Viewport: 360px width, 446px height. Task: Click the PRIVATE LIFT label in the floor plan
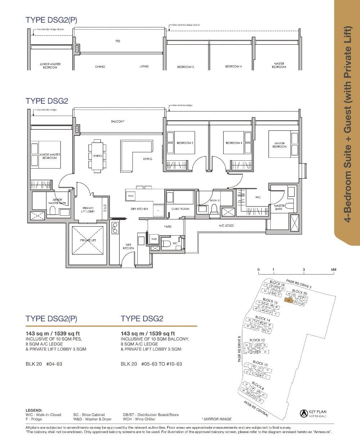(x=88, y=240)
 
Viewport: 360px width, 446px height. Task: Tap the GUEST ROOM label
(x=180, y=209)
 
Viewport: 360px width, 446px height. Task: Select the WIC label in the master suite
(x=258, y=197)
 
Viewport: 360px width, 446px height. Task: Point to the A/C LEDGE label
(x=226, y=226)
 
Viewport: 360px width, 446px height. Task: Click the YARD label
(x=167, y=227)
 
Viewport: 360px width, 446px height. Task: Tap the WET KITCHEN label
(x=128, y=247)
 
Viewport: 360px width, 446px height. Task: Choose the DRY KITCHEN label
(x=139, y=209)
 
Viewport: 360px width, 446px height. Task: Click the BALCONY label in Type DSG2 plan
(x=118, y=122)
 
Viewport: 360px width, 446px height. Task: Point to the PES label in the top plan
(x=118, y=41)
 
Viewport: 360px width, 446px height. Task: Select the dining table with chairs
(x=97, y=155)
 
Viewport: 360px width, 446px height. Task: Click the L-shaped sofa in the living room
(x=136, y=156)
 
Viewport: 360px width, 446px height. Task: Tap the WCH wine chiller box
(x=130, y=196)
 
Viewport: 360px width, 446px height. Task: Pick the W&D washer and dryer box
(x=154, y=239)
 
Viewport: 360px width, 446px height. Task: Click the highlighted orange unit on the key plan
(x=288, y=300)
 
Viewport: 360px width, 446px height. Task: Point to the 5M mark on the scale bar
(x=333, y=270)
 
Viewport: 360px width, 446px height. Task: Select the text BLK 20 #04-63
(x=44, y=364)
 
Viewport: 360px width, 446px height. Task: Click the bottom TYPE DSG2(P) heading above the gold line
(x=51, y=318)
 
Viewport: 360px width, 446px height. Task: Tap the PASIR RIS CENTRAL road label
(x=256, y=409)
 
